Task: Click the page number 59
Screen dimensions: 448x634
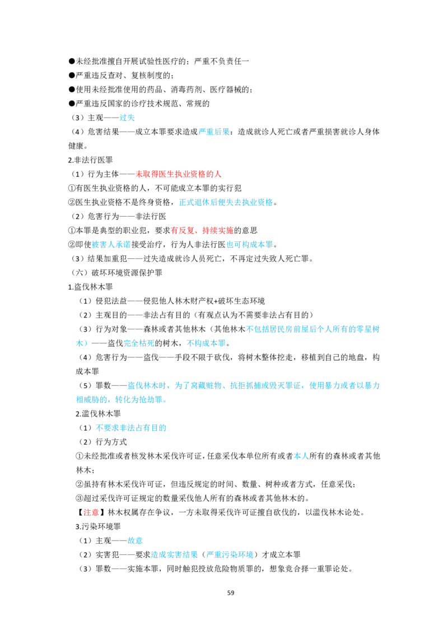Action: [231, 593]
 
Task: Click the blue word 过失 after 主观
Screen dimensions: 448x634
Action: [127, 118]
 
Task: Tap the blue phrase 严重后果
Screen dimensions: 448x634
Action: [214, 132]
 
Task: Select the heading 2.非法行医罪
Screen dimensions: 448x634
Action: [91, 160]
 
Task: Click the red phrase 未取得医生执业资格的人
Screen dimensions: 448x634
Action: [178, 174]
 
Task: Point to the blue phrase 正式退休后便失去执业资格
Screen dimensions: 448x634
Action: [226, 202]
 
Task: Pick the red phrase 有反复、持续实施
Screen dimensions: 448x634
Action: [202, 231]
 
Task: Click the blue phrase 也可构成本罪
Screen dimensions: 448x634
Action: [250, 245]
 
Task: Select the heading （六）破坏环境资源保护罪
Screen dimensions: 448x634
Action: [116, 273]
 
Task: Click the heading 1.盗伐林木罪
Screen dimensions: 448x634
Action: [91, 287]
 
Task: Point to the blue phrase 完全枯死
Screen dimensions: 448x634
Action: [139, 343]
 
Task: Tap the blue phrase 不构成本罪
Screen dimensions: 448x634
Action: [206, 343]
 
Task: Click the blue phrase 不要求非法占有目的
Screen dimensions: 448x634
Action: [131, 428]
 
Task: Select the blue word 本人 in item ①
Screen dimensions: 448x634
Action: [301, 456]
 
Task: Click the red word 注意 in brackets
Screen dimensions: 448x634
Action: [91, 512]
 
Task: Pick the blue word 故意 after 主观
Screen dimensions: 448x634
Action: [135, 540]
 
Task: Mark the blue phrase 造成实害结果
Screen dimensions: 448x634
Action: [174, 554]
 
